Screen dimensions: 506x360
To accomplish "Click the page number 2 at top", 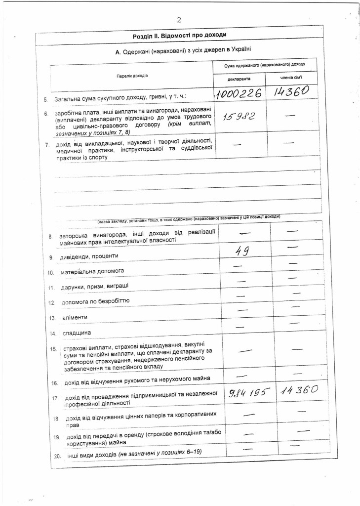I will [x=179, y=20].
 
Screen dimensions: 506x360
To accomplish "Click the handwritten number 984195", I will [x=249, y=393].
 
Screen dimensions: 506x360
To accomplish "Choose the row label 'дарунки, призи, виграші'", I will [x=92, y=287].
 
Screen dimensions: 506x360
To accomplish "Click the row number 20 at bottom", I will [x=56, y=456].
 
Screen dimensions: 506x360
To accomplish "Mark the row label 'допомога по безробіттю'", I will [x=95, y=301].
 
